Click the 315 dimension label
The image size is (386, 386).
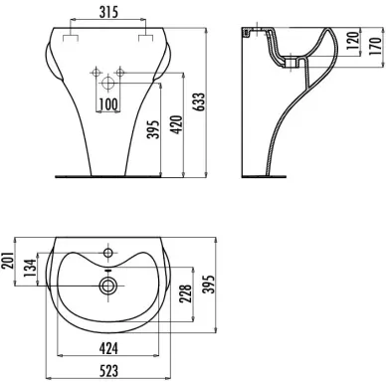tap(108, 12)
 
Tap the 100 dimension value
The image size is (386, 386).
tap(108, 104)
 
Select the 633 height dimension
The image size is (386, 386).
tap(201, 102)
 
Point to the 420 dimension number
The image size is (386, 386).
tap(177, 124)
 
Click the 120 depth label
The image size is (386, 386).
tap(353, 40)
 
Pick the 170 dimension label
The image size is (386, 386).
tap(375, 46)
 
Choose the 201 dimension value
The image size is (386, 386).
tap(8, 260)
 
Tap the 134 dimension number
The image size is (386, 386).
tap(31, 269)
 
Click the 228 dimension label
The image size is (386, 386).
tap(185, 293)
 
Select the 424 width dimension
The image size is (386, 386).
tap(108, 348)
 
